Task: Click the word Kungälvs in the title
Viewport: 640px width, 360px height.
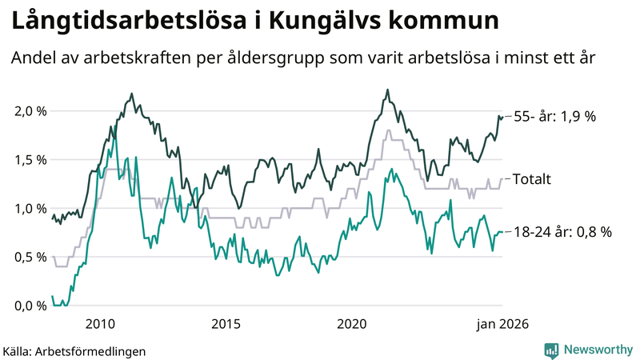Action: pyautogui.click(x=334, y=22)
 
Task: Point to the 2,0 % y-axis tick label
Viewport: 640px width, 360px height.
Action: pyautogui.click(x=30, y=111)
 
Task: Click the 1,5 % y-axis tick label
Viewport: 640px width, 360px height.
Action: pyautogui.click(x=30, y=160)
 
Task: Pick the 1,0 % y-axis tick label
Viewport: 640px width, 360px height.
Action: pyautogui.click(x=30, y=209)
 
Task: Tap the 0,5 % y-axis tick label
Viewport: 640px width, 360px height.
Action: pyautogui.click(x=30, y=257)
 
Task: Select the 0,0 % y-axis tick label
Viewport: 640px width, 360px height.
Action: pyautogui.click(x=30, y=306)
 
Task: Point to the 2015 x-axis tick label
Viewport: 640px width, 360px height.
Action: pyautogui.click(x=226, y=324)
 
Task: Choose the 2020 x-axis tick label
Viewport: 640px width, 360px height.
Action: pyautogui.click(x=352, y=324)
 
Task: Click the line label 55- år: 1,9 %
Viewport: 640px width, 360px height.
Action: pyautogui.click(x=554, y=117)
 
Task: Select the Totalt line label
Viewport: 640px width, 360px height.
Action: pyautogui.click(x=531, y=179)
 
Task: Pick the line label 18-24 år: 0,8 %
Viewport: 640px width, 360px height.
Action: pyautogui.click(x=562, y=232)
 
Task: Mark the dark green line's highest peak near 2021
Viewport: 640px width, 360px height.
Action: pyautogui.click(x=387, y=90)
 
